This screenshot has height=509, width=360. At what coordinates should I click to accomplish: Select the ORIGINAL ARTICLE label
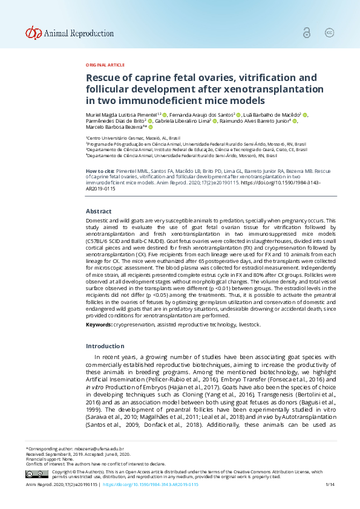105,65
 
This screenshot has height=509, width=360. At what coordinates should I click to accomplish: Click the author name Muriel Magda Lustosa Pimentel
122,114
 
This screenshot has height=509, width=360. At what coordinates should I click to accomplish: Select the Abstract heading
99,211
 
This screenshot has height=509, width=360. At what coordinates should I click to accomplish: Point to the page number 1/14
330,485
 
